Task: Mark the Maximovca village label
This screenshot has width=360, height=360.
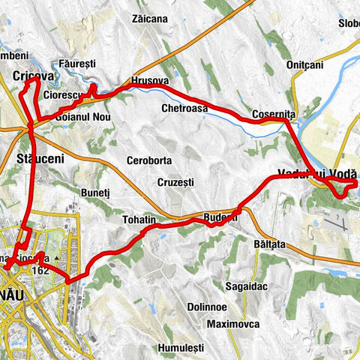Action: click(232, 324)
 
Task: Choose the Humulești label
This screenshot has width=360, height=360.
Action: click(181, 348)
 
